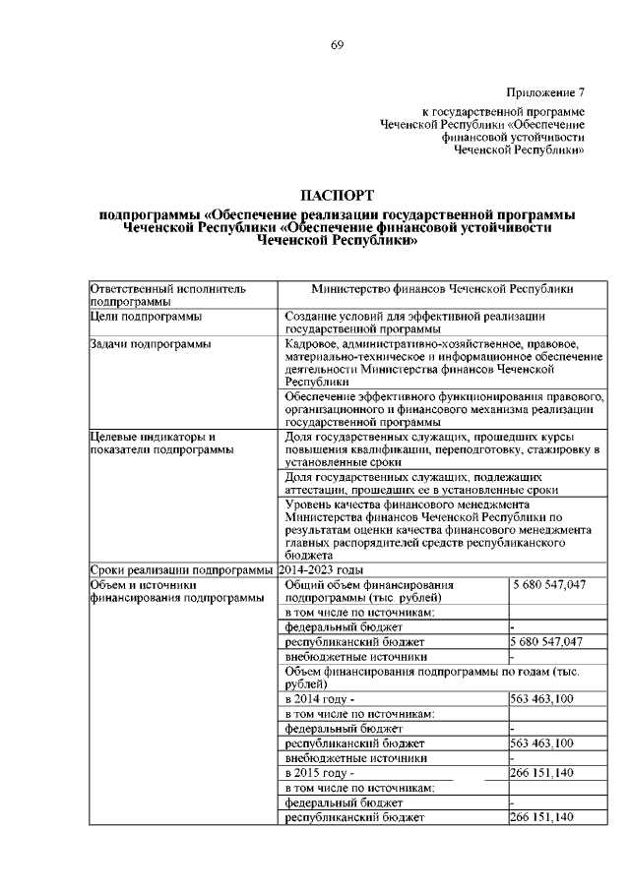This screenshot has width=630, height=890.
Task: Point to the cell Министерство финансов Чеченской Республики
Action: (442, 289)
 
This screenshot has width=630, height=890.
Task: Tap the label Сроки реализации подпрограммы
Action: (180, 569)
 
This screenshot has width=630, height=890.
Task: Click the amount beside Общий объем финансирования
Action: (549, 585)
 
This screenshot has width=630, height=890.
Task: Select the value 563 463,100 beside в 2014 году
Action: (542, 699)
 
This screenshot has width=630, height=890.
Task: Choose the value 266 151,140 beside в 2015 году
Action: (542, 773)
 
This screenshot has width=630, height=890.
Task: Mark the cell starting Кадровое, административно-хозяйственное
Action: (442, 363)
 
